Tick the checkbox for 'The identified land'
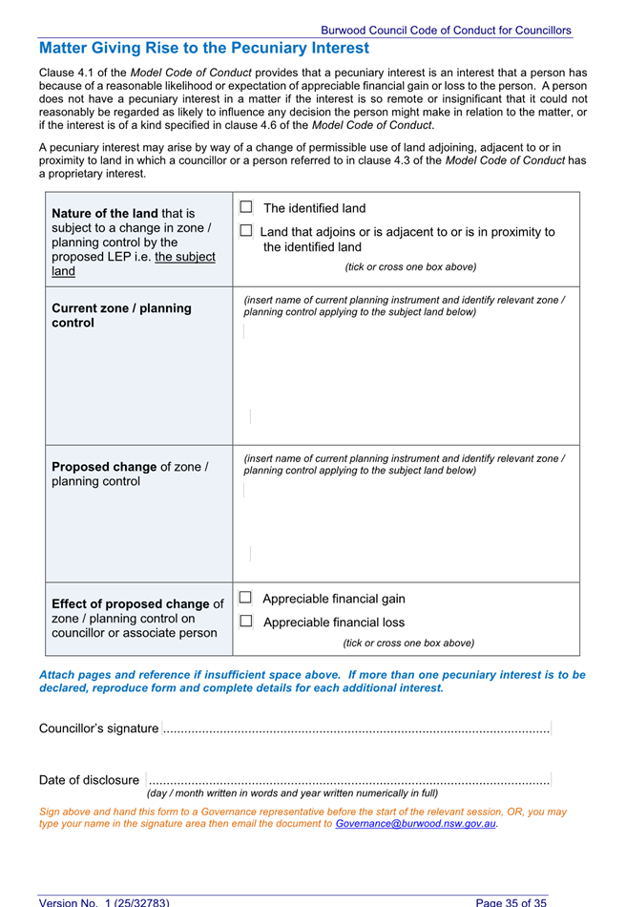pos(246,207)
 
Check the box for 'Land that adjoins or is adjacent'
pos(246,231)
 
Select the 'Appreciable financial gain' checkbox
pos(245,599)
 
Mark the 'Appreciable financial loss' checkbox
pos(245,622)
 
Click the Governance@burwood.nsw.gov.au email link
pos(416,823)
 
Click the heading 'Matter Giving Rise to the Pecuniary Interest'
pos(204,48)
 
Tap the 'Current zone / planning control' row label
pos(121,315)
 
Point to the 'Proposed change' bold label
pos(104,467)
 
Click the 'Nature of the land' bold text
pos(105,213)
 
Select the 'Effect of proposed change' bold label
pos(130,604)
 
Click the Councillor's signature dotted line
pos(356,729)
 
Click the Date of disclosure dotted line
pos(349,780)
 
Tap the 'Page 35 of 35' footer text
pos(511,901)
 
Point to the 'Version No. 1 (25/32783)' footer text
pos(104,901)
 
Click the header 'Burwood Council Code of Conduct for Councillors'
pos(446,31)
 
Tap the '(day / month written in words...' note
pos(292,793)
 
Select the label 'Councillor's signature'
pos(99,728)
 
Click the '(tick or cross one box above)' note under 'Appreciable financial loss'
pos(408,643)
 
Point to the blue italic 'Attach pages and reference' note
pos(312,681)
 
